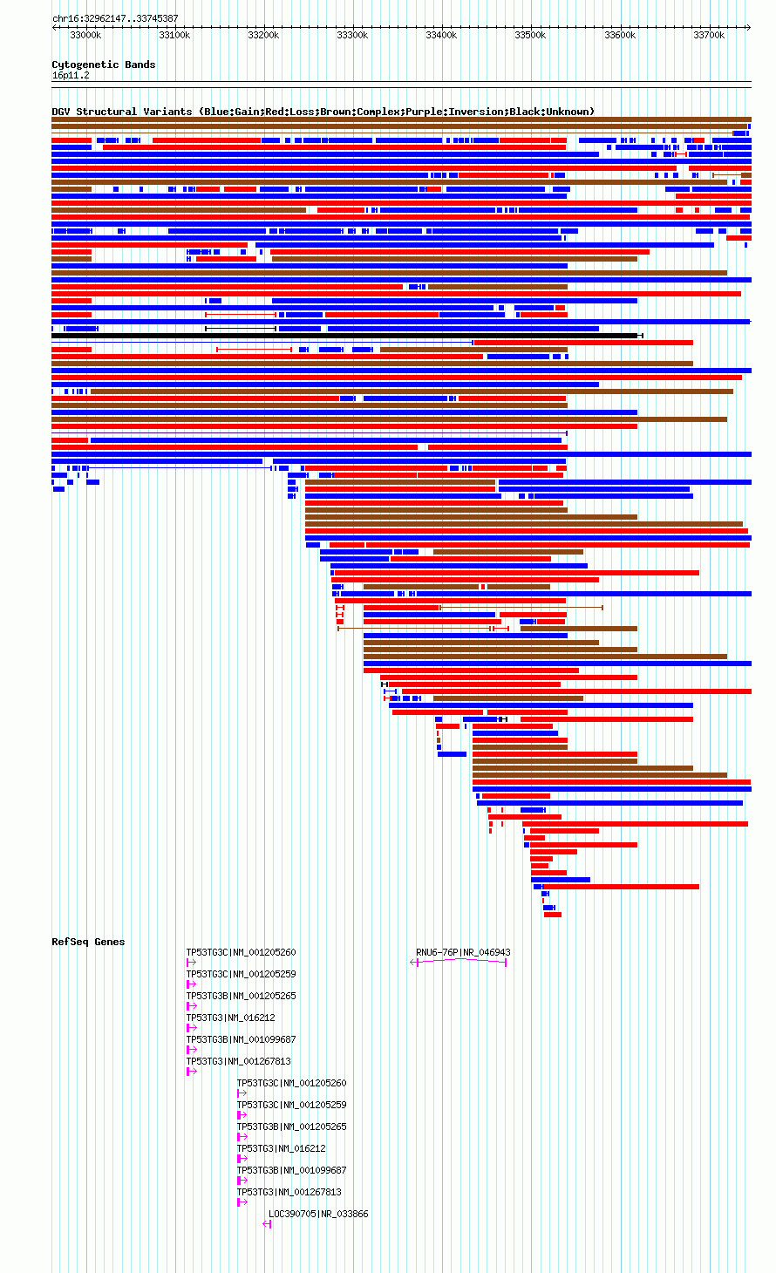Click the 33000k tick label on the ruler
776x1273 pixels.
[85, 35]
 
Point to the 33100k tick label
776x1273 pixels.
[174, 35]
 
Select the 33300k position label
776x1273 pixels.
[352, 35]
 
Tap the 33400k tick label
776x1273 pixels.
[441, 35]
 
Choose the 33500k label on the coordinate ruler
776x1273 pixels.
[530, 35]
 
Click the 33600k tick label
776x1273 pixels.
[620, 35]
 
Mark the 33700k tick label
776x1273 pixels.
[709, 35]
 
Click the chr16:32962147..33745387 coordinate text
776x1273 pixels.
[115, 19]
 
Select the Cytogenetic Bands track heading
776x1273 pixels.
[104, 65]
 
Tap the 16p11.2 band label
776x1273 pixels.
[71, 76]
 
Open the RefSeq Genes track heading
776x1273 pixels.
[88, 942]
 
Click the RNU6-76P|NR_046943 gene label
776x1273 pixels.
[463, 952]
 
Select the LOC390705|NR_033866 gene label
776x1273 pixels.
[318, 1214]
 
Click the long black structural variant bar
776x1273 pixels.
[344, 336]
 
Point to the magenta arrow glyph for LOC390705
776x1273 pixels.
[267, 1224]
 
